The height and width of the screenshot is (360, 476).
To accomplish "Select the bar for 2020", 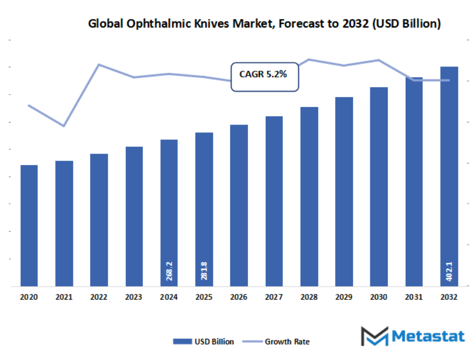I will pos(29,226).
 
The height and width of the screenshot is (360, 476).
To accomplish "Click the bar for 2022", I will pos(99,220).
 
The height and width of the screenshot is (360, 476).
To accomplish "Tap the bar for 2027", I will pos(274,201).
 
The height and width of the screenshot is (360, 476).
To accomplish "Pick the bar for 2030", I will pos(379,187).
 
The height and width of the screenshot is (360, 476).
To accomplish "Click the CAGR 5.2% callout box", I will pos(264,77).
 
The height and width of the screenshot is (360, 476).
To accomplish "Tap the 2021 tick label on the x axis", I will pos(64,297).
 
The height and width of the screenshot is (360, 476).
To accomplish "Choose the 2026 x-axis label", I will pos(239,297).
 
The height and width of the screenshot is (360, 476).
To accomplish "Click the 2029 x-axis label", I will pos(344,297).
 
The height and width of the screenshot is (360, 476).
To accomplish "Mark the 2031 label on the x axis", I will pos(414,297).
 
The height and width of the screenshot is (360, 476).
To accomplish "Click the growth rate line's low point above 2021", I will pos(64,126).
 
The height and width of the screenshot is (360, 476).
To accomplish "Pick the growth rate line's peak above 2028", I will pos(309,59).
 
